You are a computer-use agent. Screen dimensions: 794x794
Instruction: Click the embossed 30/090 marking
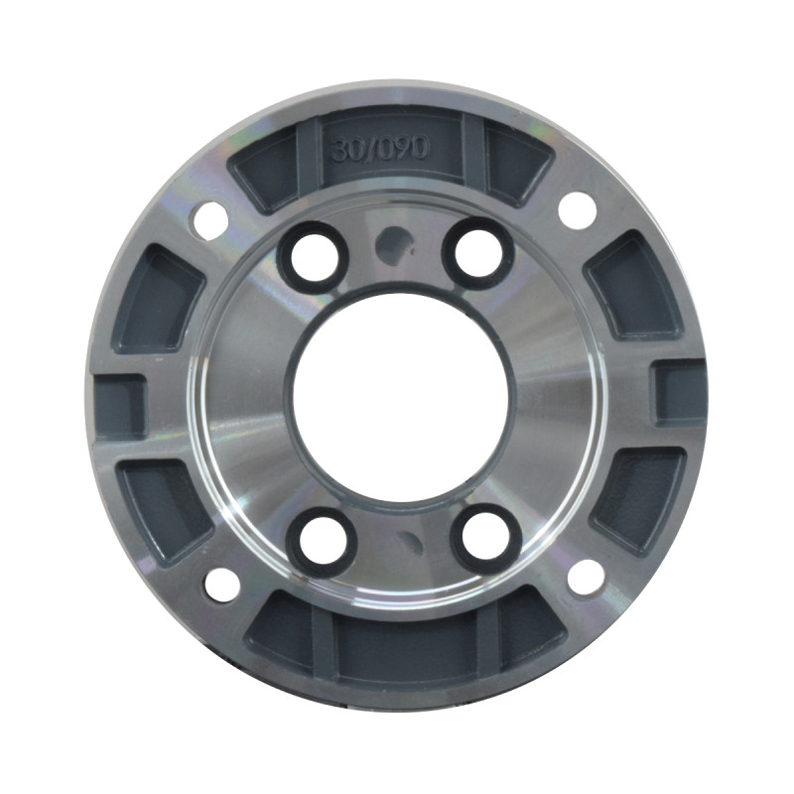click(x=380, y=149)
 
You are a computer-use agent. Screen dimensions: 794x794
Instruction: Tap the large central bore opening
click(x=400, y=396)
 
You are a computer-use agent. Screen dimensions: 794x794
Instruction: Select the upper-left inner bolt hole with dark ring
click(x=313, y=256)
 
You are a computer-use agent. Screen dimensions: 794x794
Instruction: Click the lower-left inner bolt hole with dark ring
click(x=322, y=539)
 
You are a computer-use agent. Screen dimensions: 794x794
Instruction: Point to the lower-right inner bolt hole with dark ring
click(x=486, y=537)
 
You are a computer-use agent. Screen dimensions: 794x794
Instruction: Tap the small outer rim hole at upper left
click(x=210, y=220)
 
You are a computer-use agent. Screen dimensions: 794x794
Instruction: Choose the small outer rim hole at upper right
click(x=578, y=210)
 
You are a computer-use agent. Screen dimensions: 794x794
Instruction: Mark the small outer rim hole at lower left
click(x=221, y=585)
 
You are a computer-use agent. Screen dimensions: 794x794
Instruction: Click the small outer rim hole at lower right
click(x=587, y=578)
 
